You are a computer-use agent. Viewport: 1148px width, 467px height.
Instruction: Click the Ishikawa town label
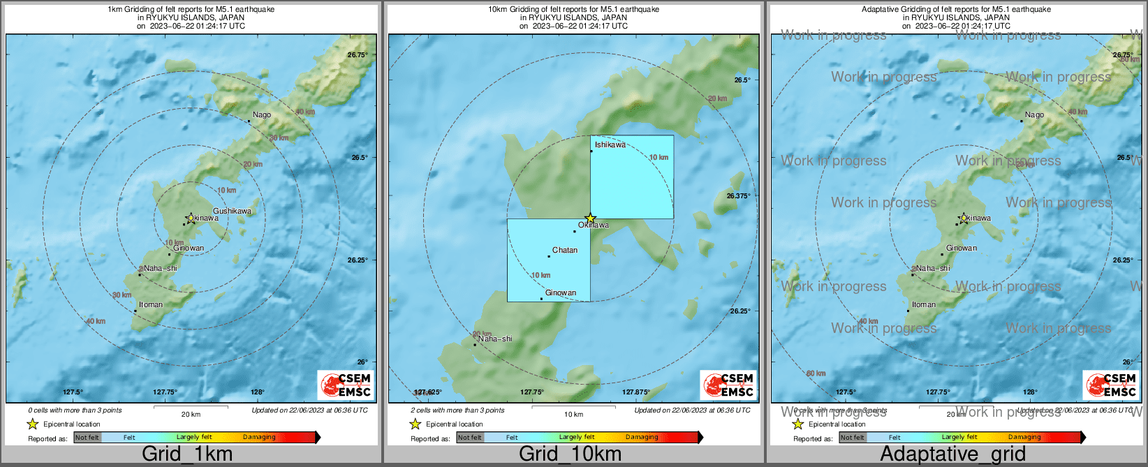click(x=610, y=145)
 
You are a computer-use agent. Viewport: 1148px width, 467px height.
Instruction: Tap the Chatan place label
click(x=564, y=250)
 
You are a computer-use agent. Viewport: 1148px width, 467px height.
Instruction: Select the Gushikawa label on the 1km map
click(x=232, y=211)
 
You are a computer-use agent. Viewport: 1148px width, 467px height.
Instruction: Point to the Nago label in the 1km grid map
click(x=262, y=114)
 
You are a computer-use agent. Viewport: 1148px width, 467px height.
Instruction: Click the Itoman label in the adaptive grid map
click(x=924, y=304)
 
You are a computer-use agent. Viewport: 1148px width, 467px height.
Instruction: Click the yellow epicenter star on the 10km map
click(x=590, y=218)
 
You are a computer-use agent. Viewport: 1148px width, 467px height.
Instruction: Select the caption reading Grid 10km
click(x=570, y=454)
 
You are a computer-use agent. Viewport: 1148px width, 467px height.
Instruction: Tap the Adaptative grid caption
click(x=952, y=454)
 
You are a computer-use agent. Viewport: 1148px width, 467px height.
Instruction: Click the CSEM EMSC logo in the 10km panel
click(x=728, y=385)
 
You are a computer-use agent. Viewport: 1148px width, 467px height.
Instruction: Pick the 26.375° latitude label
click(x=738, y=196)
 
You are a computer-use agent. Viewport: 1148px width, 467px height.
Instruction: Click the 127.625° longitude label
click(x=428, y=392)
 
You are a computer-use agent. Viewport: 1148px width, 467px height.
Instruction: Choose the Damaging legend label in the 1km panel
click(x=259, y=437)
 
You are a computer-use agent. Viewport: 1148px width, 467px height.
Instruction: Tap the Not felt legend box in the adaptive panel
click(x=852, y=438)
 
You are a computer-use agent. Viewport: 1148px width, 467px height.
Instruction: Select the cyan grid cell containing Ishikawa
click(x=632, y=177)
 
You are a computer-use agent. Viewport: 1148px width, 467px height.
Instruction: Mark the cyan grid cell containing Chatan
click(x=548, y=260)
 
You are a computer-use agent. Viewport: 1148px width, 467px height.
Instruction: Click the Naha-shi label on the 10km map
click(x=495, y=339)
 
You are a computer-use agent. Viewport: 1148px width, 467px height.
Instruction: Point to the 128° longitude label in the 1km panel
click(x=258, y=392)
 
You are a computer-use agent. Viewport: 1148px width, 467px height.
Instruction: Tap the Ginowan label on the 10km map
click(x=561, y=293)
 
